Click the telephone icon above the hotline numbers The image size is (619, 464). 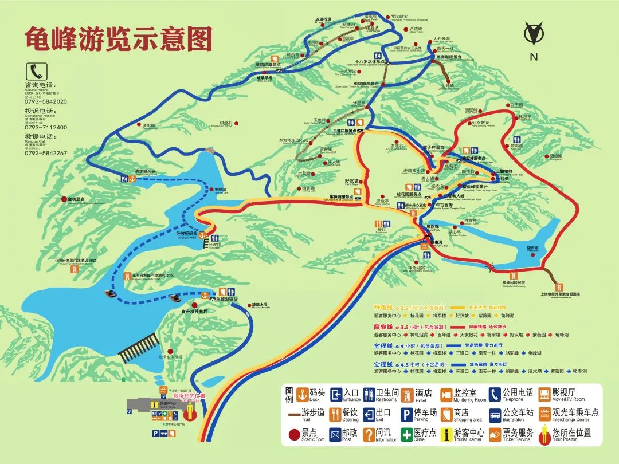coord(36,71)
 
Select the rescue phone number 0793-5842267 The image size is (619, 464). coord(46,153)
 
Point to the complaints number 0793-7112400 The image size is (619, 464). coord(46,127)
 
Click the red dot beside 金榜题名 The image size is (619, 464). coord(64,199)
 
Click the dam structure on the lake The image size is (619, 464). coord(138,347)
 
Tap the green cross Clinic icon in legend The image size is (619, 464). coord(406,435)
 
